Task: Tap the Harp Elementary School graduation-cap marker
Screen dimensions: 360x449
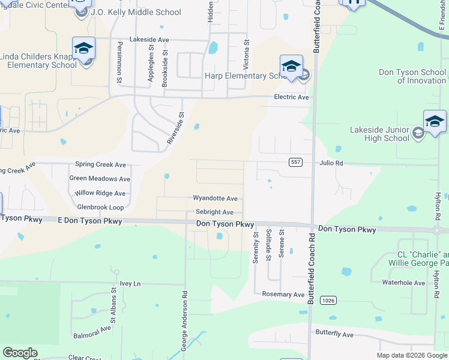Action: (x=291, y=67)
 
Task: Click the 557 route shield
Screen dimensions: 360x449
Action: (x=295, y=163)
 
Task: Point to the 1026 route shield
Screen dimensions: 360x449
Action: (x=327, y=299)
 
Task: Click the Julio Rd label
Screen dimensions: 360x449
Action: (x=331, y=163)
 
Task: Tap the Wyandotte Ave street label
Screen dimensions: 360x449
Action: (x=215, y=198)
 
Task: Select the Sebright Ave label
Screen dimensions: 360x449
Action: (x=214, y=212)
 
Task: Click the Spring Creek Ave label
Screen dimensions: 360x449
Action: (x=100, y=164)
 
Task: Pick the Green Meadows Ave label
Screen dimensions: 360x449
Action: (x=100, y=179)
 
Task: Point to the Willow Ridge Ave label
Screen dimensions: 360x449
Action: (x=100, y=193)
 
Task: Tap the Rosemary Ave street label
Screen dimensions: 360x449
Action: (x=283, y=295)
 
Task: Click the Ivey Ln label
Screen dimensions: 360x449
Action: (x=130, y=283)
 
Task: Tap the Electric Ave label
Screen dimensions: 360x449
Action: (x=291, y=97)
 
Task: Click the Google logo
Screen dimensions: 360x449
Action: (x=20, y=353)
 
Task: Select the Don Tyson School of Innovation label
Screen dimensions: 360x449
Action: (x=412, y=76)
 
